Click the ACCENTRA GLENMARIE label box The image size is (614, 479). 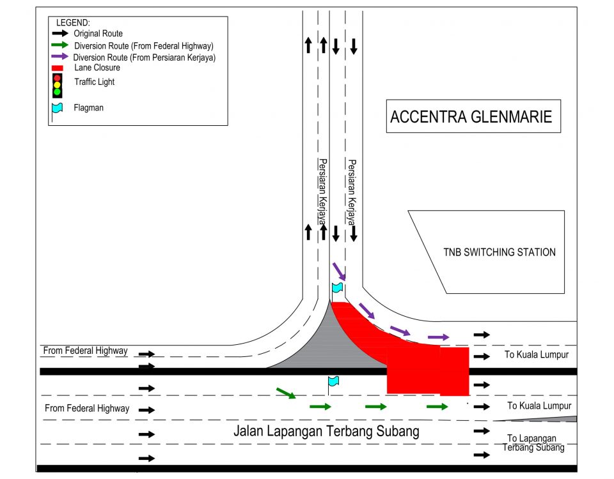pyautogui.click(x=473, y=116)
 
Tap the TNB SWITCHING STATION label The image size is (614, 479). pyautogui.click(x=500, y=252)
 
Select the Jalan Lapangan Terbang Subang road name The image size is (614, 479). pyautogui.click(x=326, y=431)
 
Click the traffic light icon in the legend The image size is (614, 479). pyautogui.click(x=57, y=85)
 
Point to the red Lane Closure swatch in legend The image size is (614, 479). pyautogui.click(x=57, y=68)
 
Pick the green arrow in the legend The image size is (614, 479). pyautogui.click(x=60, y=45)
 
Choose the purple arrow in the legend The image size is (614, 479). pyautogui.click(x=60, y=56)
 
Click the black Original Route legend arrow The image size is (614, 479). pyautogui.click(x=60, y=33)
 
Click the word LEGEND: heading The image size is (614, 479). pyautogui.click(x=73, y=23)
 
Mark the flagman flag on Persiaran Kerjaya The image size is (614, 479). pyautogui.click(x=337, y=288)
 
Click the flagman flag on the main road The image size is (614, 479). pyautogui.click(x=333, y=381)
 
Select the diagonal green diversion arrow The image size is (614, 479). pyautogui.click(x=286, y=393)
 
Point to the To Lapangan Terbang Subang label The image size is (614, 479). pyautogui.click(x=533, y=443)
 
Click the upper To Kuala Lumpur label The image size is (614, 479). pyautogui.click(x=537, y=354)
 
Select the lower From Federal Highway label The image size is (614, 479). pyautogui.click(x=87, y=408)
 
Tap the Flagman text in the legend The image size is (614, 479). pyautogui.click(x=88, y=107)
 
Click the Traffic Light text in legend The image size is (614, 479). pyautogui.click(x=95, y=82)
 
